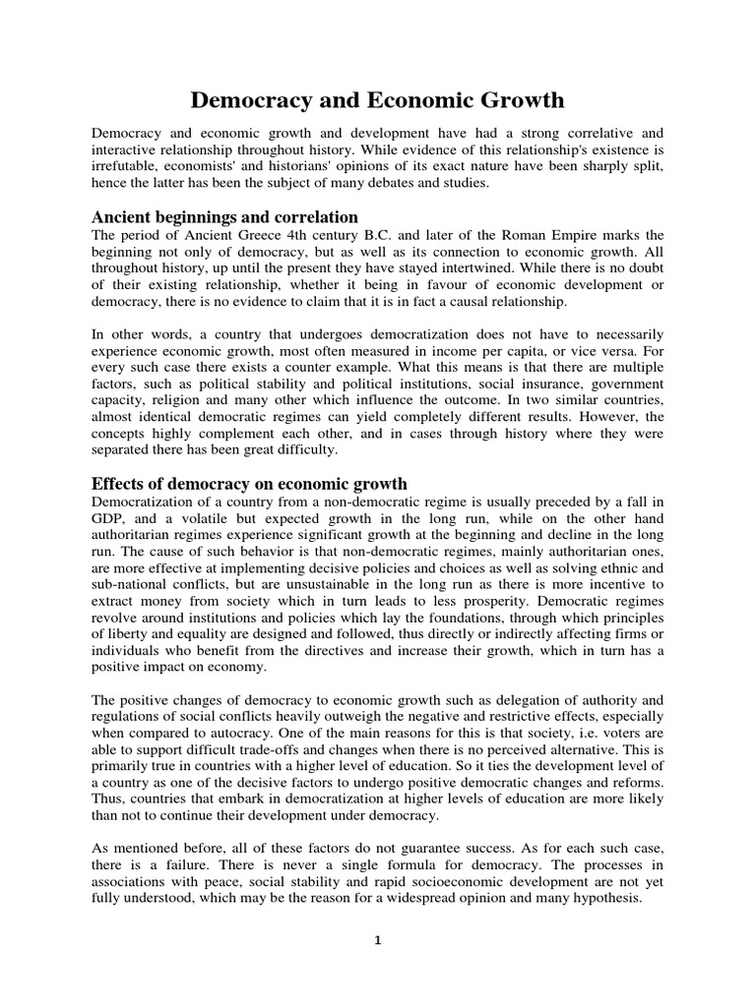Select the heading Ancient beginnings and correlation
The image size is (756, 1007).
[224, 216]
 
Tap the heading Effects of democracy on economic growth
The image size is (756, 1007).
[249, 484]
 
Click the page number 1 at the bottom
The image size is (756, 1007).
[378, 940]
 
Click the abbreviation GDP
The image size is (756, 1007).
[108, 520]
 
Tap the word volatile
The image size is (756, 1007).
[206, 520]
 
